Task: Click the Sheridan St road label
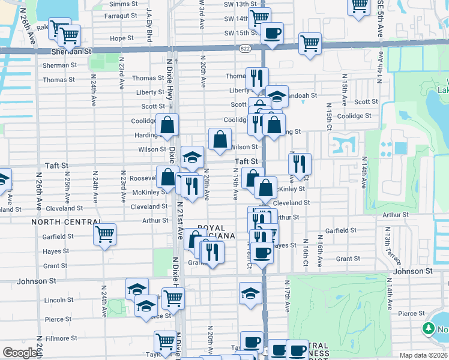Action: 71,52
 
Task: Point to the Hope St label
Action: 121,38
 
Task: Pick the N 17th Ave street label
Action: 288,295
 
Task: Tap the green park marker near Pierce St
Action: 429,328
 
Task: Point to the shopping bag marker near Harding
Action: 167,125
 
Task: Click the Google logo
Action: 20,352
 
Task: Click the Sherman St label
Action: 56,65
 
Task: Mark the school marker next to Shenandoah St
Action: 277,97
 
